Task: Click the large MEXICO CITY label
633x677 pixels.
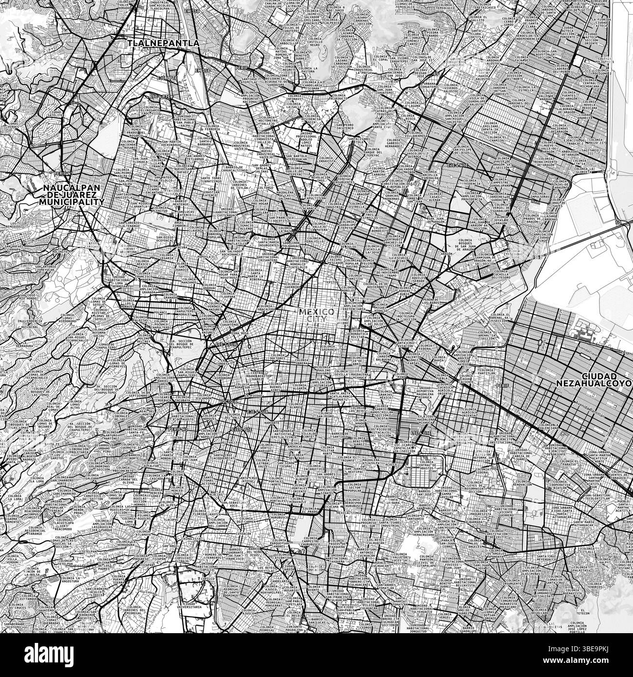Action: point(316,315)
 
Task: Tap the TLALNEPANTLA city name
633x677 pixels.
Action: point(164,43)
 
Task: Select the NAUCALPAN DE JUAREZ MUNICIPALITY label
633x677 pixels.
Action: point(73,194)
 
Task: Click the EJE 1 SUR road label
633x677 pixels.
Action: point(221,344)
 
